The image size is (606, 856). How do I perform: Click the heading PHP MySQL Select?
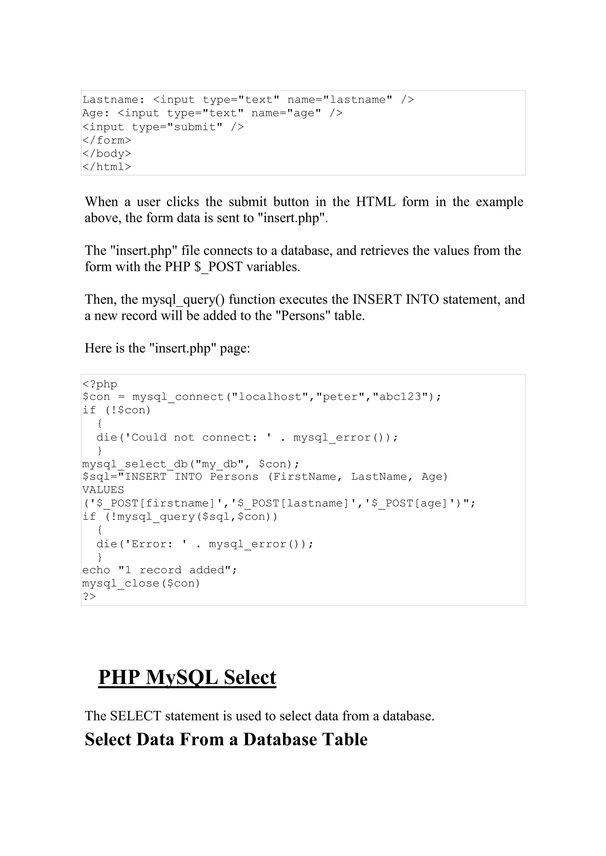pos(187,677)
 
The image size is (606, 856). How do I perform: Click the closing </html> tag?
pos(107,167)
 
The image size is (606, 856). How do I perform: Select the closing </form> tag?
pos(107,140)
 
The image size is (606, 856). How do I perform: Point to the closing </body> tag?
pos(107,154)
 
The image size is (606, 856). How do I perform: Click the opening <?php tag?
pos(100,384)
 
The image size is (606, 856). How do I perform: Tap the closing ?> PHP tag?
pos(89,596)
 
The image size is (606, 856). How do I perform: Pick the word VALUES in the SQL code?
pos(103,490)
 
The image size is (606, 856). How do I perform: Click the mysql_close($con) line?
pos(141,583)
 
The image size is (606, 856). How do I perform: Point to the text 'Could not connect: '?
pos(195,437)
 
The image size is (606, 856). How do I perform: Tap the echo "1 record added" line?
pos(160,570)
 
